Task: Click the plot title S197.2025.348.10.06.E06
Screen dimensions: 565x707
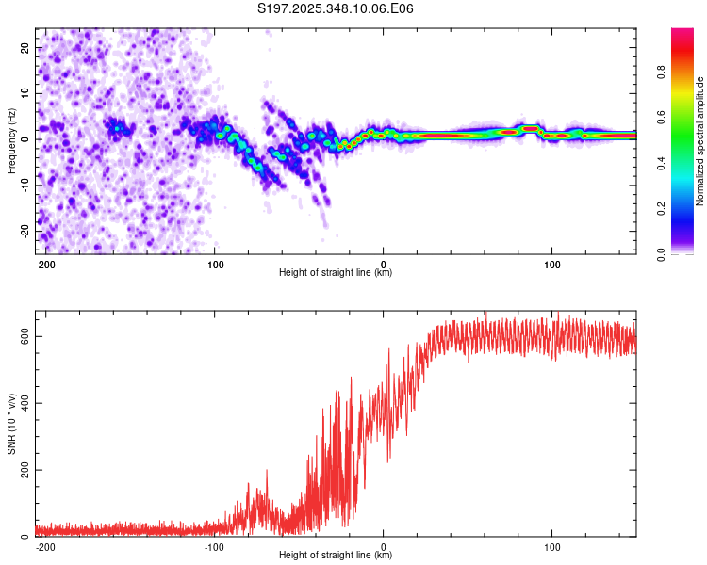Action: (337, 9)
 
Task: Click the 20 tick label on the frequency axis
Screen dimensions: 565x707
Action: (25, 47)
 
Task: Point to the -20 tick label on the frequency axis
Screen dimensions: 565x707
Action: (24, 231)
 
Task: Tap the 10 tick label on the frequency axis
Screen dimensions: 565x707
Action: (25, 93)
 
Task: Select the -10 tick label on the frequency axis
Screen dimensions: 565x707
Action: (24, 185)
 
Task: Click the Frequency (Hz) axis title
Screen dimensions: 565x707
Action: (10, 139)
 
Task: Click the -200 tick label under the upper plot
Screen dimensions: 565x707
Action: (44, 264)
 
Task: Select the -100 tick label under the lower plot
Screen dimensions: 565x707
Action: (214, 546)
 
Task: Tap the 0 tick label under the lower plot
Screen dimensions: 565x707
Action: (384, 546)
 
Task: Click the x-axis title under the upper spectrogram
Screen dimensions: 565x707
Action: (336, 273)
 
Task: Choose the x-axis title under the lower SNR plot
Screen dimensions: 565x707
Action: (336, 556)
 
